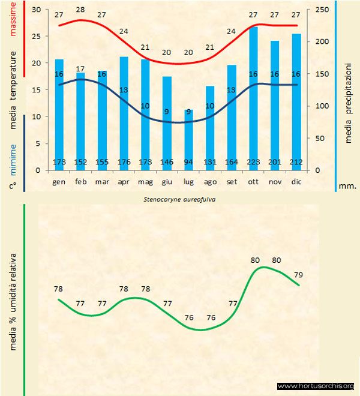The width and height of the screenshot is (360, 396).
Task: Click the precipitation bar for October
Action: tap(253, 96)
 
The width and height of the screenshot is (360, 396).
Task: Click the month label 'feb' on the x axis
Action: tap(80, 181)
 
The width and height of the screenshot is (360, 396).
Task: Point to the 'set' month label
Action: tap(232, 181)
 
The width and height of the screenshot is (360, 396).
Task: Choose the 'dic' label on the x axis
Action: tap(296, 181)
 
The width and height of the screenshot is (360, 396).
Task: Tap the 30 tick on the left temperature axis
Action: tap(35, 10)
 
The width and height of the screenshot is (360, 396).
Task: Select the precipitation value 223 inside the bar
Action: tap(253, 162)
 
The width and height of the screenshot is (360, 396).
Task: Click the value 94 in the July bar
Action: tap(188, 162)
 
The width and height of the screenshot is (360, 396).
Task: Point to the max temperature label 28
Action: tap(80, 9)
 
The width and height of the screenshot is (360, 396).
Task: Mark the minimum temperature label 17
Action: tap(80, 69)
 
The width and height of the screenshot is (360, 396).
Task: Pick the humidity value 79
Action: tap(298, 275)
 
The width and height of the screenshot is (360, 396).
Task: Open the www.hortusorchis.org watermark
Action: tap(316, 386)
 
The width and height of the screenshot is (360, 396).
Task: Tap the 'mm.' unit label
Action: tap(347, 186)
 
